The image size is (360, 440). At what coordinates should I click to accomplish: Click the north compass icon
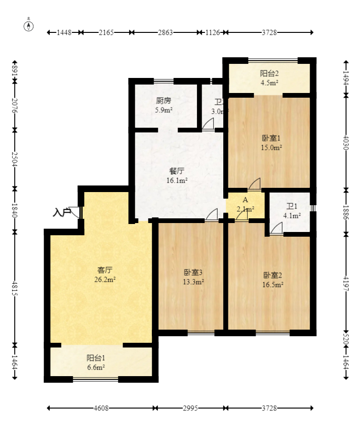[x=29, y=26]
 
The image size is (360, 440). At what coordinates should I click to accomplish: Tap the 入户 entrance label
[x=62, y=213]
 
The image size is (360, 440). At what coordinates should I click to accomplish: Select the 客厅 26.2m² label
[x=105, y=275]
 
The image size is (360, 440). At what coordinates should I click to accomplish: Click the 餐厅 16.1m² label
[x=177, y=176]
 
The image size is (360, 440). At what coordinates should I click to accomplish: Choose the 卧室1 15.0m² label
[x=272, y=143]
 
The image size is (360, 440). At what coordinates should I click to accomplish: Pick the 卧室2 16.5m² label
[x=273, y=280]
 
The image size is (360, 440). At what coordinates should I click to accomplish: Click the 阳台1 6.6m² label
[x=95, y=363]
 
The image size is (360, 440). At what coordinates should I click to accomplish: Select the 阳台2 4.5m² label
[x=270, y=78]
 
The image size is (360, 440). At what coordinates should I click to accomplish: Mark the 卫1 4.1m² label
[x=292, y=211]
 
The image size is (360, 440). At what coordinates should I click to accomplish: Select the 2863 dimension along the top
[x=165, y=32]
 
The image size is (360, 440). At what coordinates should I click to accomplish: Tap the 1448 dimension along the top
[x=64, y=32]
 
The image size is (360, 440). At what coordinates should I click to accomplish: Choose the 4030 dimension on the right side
[x=346, y=142]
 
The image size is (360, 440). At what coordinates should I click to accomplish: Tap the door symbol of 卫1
[x=276, y=229]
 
